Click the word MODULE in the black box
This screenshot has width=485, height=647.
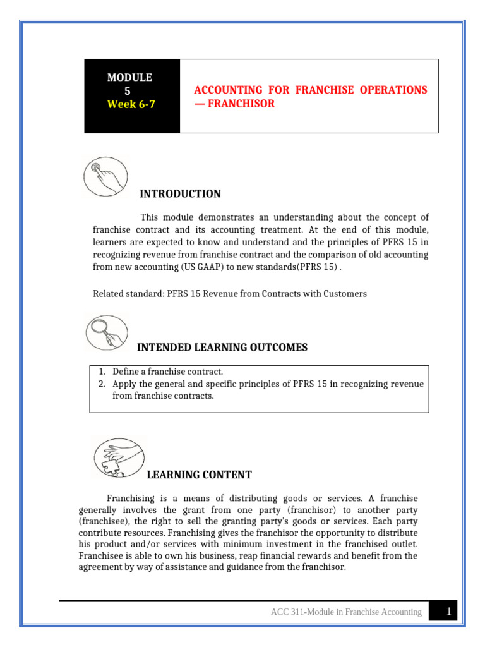click(x=129, y=77)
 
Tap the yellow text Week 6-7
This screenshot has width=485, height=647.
click(x=130, y=104)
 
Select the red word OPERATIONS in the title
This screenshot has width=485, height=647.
click(x=393, y=90)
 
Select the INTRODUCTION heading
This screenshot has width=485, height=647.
click(x=180, y=194)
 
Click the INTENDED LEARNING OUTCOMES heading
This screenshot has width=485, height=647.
click(x=222, y=347)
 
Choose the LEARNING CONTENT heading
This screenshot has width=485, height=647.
click(x=199, y=475)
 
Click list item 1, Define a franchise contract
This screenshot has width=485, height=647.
click(x=168, y=372)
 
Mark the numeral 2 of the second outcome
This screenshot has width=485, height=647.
click(x=102, y=384)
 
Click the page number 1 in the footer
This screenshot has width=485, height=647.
click(x=448, y=611)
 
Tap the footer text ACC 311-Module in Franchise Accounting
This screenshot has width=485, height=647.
click(x=346, y=612)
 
